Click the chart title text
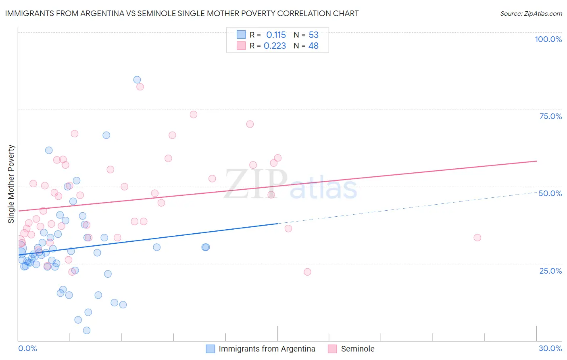(x=182, y=13)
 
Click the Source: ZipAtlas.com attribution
(x=531, y=13)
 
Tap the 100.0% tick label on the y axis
(x=548, y=39)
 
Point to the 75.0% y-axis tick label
(x=550, y=116)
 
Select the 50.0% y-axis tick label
(x=550, y=193)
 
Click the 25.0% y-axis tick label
(x=550, y=271)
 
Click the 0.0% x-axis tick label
(x=27, y=348)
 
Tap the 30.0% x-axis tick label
(x=550, y=348)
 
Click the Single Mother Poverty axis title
(x=11, y=184)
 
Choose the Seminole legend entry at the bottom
(x=357, y=349)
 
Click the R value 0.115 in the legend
(x=276, y=35)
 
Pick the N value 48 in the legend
(x=313, y=46)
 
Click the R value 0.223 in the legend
(x=275, y=46)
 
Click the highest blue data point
(x=137, y=80)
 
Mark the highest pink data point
(x=140, y=87)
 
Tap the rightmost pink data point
(x=477, y=238)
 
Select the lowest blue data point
(x=87, y=331)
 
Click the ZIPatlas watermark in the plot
(x=290, y=185)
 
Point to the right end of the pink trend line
(x=536, y=161)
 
